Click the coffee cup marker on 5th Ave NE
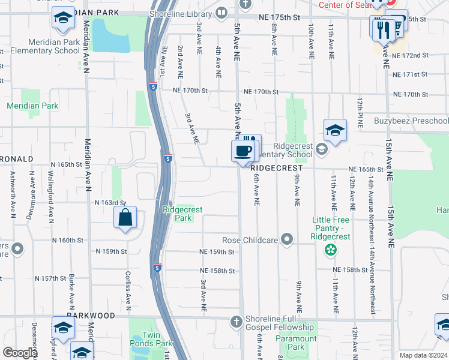(243, 151)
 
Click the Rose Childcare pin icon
(288, 240)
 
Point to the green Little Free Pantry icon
(330, 248)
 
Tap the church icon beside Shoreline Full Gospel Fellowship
(237, 322)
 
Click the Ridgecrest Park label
(182, 214)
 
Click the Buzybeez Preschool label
(413, 121)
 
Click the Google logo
(20, 353)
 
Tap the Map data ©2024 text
(423, 355)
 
